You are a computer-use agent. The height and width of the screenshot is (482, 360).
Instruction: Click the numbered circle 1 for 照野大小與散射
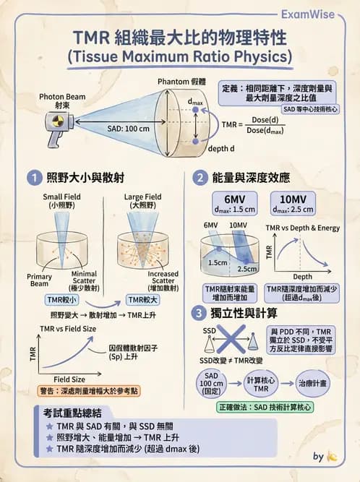point(33,178)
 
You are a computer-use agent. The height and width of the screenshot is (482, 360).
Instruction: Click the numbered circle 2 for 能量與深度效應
point(199,178)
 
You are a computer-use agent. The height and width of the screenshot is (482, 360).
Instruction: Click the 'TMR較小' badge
point(61,299)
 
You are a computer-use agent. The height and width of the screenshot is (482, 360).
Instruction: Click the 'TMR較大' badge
point(142,299)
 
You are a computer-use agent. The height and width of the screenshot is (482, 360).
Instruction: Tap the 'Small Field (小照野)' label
point(61,200)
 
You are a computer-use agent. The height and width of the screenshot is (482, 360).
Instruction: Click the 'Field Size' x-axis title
point(70,379)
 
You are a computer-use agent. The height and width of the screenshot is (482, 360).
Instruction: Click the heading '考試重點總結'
point(69,412)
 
